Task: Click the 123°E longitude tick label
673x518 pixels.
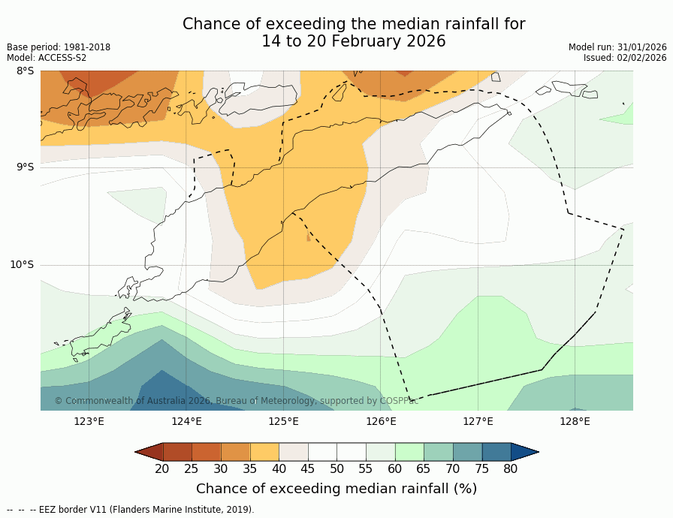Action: (89, 421)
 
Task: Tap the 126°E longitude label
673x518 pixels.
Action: (381, 421)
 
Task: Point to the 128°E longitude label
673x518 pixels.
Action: (575, 421)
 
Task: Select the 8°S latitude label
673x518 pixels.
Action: (25, 71)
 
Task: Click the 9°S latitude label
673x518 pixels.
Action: (25, 167)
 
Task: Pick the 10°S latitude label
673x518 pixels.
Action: (22, 264)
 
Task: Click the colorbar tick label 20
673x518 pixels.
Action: (162, 469)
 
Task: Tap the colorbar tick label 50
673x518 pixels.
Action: (336, 469)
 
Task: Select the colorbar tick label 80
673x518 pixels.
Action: (511, 469)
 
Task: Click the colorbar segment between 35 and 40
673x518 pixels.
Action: (264, 451)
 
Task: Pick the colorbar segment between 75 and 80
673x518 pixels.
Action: (496, 451)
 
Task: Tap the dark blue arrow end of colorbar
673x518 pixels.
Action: (525, 451)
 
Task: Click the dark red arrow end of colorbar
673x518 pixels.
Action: (149, 451)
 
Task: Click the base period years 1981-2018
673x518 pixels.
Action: (85, 47)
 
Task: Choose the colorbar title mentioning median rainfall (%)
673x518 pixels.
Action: (336, 489)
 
